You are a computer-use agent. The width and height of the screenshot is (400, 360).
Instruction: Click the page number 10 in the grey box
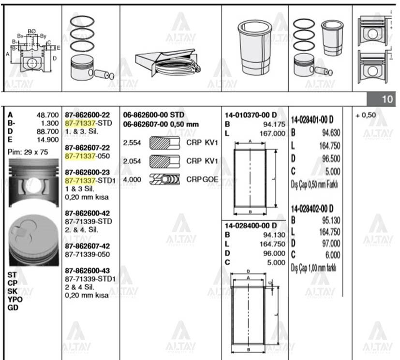tap(387, 100)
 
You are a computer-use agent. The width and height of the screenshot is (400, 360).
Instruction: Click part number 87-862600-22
tap(88, 115)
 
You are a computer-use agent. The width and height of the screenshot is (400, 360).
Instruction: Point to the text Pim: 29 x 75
tap(28, 152)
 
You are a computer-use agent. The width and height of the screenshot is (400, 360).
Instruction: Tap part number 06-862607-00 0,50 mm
tap(161, 124)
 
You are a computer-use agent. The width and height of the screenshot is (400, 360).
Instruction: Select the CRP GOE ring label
tap(203, 179)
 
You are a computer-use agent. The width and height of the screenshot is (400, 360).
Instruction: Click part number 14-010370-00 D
tap(251, 115)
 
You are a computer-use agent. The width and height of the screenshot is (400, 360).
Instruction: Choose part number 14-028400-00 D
tap(251, 226)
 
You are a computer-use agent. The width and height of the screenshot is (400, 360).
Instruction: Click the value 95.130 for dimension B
tap(329, 221)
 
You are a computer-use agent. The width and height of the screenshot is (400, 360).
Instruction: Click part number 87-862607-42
tap(88, 246)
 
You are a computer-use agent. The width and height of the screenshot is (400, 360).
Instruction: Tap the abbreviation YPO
tap(15, 299)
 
